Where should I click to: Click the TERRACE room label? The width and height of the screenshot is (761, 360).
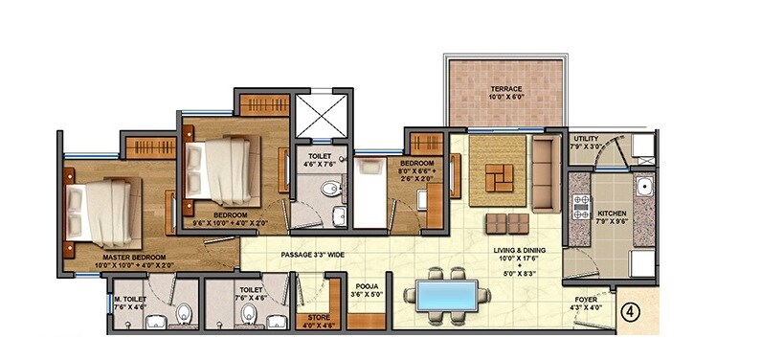(x=505, y=90)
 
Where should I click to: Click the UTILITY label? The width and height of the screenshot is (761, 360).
(x=586, y=139)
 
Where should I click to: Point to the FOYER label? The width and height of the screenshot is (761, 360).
(x=587, y=300)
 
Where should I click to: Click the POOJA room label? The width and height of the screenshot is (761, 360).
(x=368, y=286)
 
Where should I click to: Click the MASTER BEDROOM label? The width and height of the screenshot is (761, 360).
(x=134, y=258)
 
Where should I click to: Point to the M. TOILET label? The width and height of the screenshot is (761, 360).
(x=128, y=299)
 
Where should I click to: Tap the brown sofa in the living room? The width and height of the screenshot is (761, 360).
(x=546, y=173)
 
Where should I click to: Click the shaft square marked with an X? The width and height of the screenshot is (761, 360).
(x=317, y=116)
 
